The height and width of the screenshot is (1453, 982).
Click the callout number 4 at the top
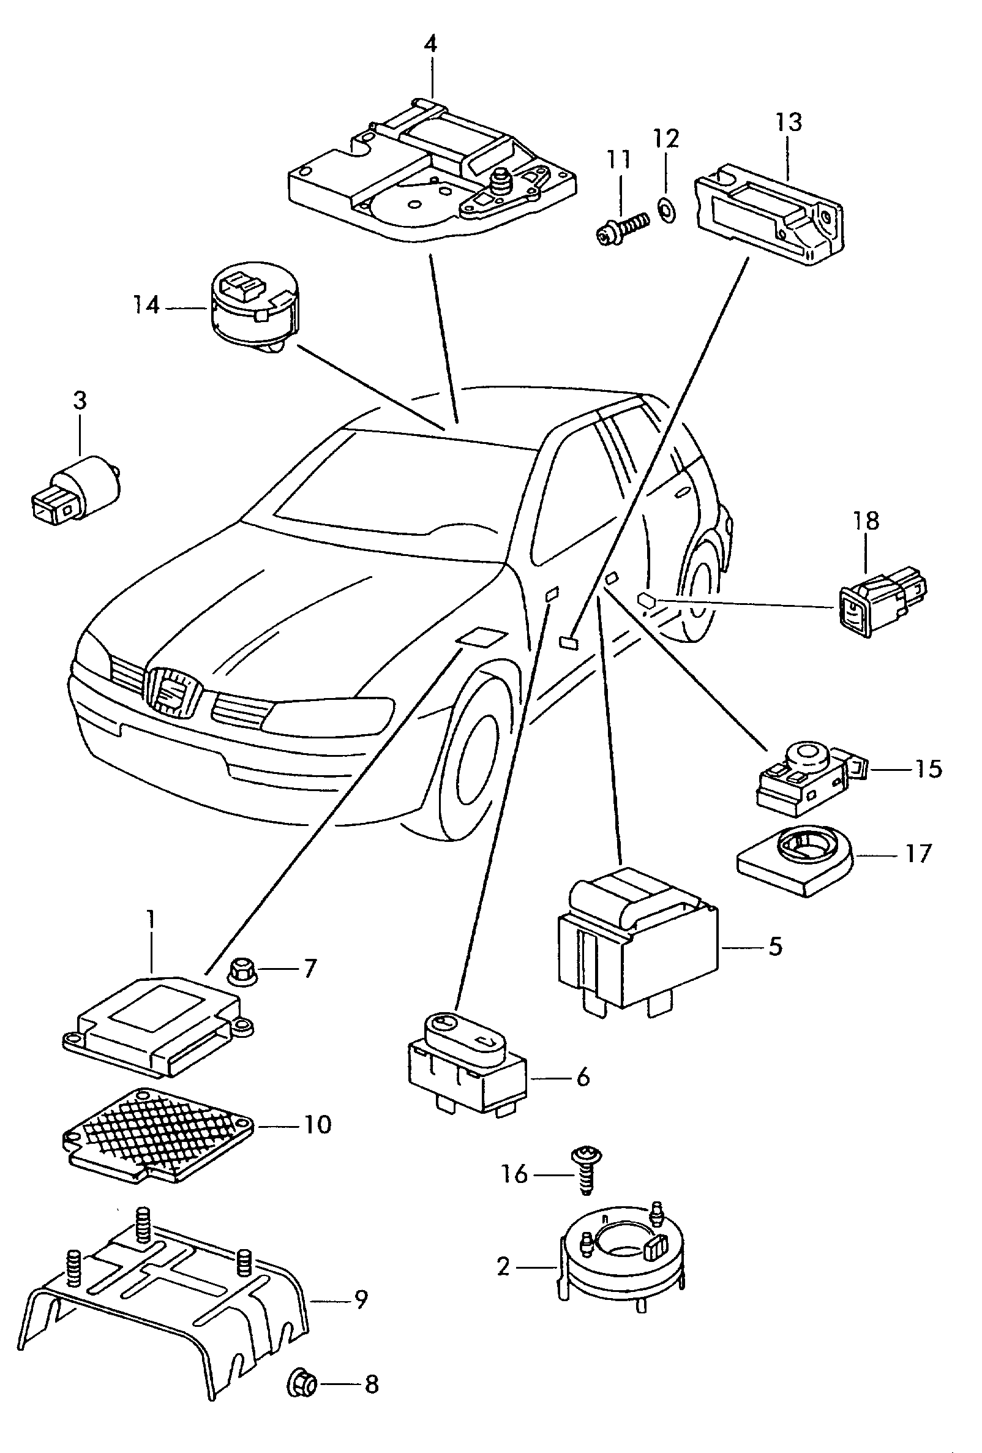tap(430, 43)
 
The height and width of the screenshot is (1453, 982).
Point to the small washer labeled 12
tap(665, 206)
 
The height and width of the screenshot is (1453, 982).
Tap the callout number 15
tap(928, 768)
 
